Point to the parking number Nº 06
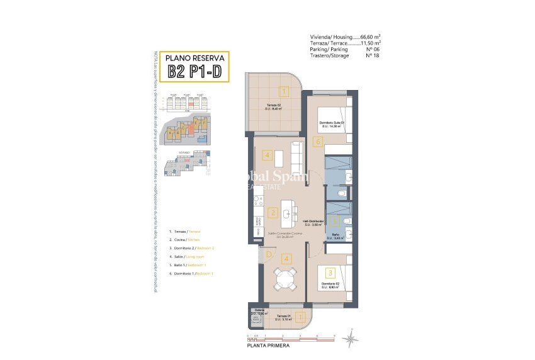pos(373,49)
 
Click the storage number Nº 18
pos(373,55)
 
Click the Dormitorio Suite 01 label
pos(329,123)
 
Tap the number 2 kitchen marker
pos(272,212)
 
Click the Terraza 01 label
pos(283,317)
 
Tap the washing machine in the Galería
pos(256,320)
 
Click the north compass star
pos(349,340)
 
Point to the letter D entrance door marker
pos(267,254)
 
